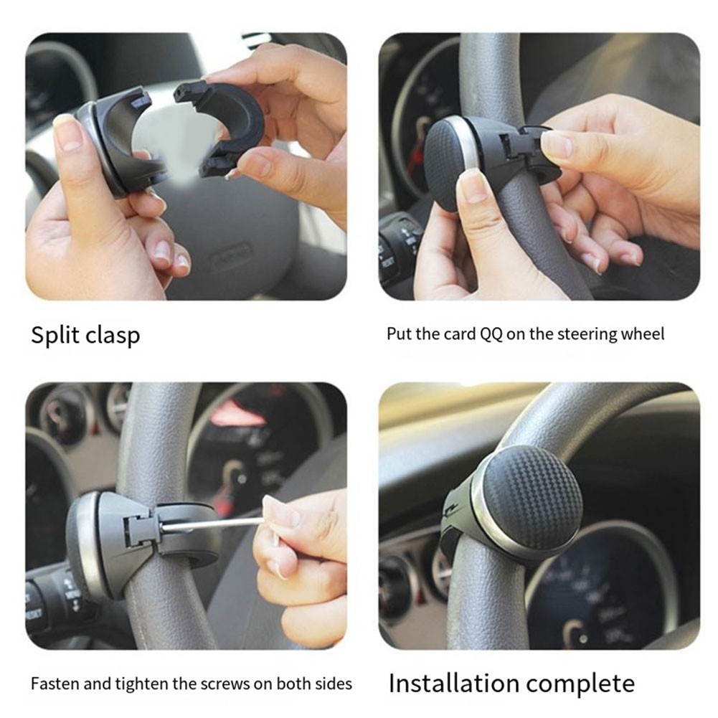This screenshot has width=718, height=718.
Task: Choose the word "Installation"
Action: (454, 683)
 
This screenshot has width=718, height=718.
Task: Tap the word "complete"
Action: (580, 684)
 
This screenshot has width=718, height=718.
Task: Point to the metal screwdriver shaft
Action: (213, 524)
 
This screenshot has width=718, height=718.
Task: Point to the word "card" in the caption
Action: (460, 334)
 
